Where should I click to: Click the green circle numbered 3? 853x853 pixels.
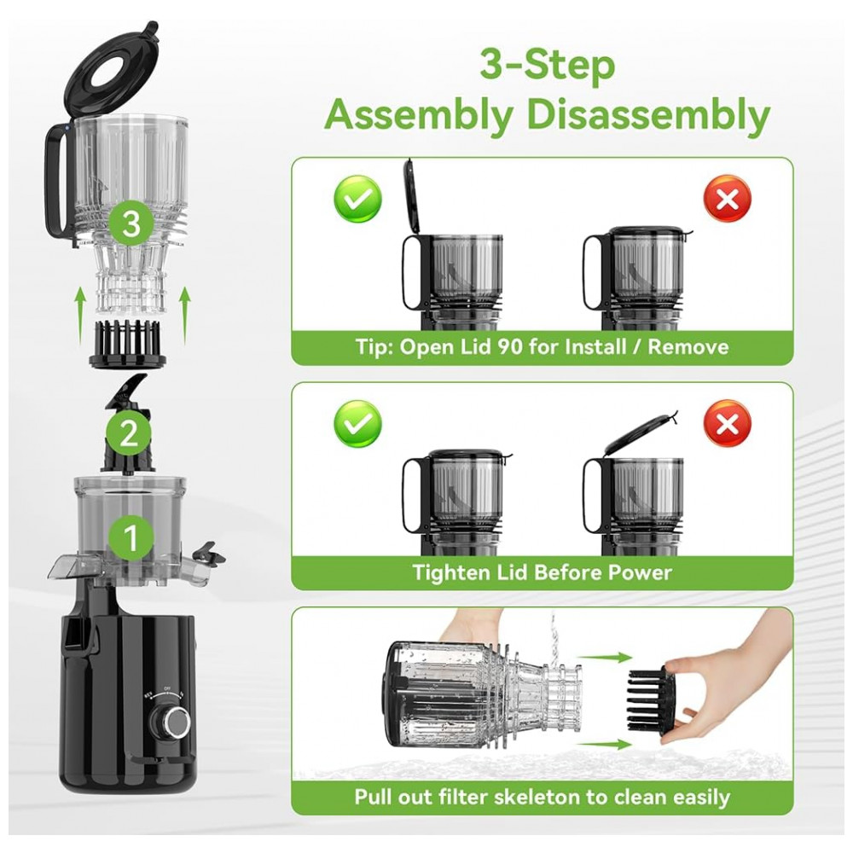point(131,223)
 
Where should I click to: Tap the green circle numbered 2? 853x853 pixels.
point(129,433)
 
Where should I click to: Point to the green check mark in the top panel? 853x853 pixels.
point(357,199)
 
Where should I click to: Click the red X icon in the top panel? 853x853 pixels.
point(728,199)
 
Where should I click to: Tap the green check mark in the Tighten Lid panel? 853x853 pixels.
point(357,424)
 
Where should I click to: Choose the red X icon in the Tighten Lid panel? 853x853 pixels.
point(728,424)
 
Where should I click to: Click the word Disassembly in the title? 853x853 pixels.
point(649,116)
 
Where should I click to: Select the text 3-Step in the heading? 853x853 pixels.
point(548,66)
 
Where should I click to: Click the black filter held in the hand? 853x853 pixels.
point(649,701)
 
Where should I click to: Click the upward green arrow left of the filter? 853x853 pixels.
point(80,316)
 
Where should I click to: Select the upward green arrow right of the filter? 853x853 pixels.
point(185,316)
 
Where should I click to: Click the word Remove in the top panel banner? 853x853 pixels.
point(688,346)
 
